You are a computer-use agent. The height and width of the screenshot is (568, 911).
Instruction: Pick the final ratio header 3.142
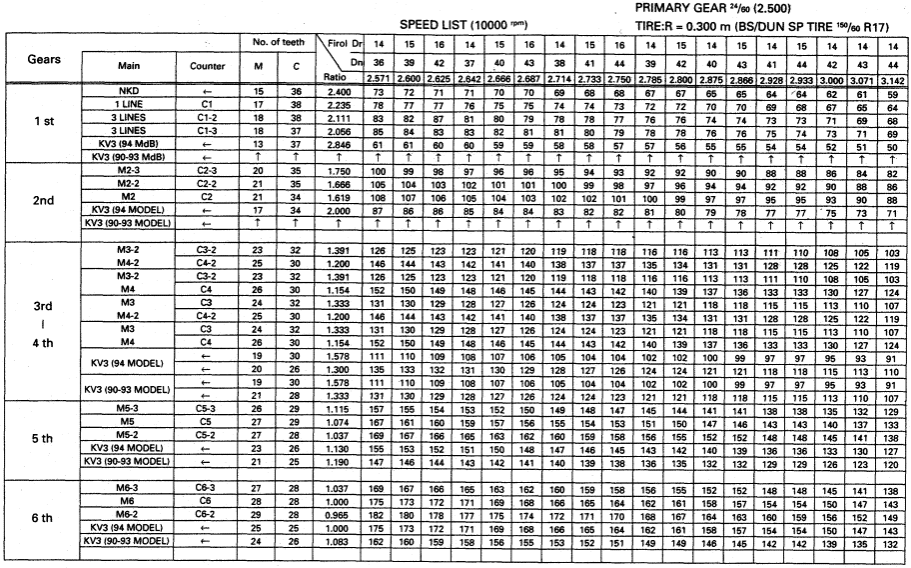click(x=893, y=76)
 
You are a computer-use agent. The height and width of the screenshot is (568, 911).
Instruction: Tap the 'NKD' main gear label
click(x=128, y=91)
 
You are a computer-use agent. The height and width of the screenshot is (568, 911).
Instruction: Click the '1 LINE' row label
click(x=128, y=104)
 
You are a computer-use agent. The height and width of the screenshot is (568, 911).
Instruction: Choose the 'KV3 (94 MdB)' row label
click(x=128, y=143)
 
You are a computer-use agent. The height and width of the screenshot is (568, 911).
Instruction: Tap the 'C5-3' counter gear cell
click(x=207, y=410)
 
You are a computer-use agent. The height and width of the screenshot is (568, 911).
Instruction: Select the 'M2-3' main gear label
click(x=128, y=172)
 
